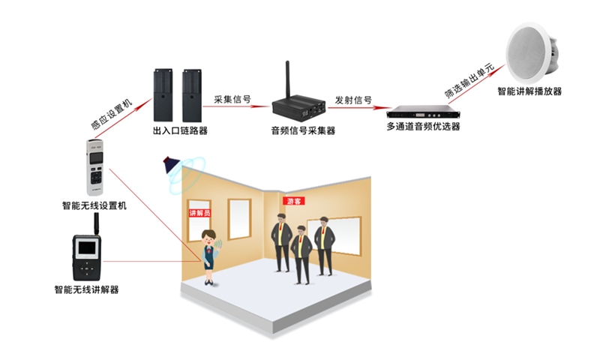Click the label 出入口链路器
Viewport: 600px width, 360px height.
tap(180, 131)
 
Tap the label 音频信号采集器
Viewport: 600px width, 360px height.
tap(303, 130)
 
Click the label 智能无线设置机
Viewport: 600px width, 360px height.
tap(95, 204)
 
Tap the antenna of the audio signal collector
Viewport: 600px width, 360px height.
tap(286, 79)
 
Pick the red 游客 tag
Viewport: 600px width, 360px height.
tap(293, 201)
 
